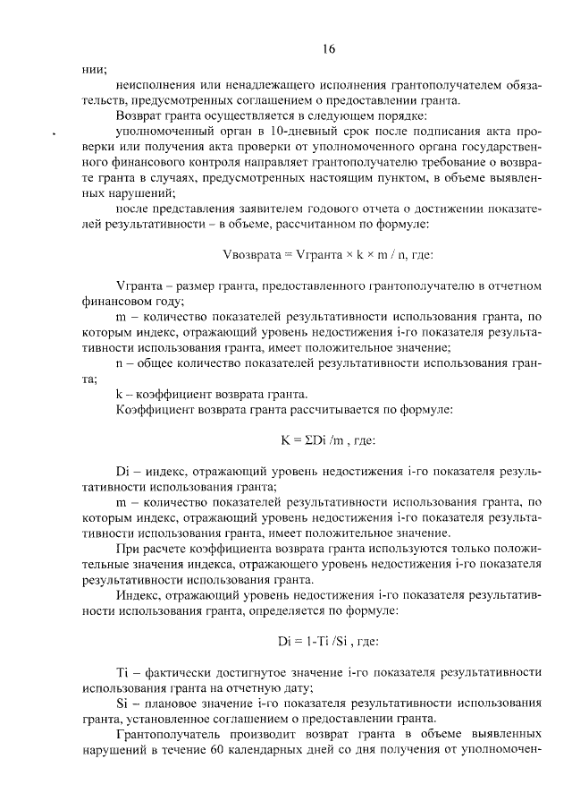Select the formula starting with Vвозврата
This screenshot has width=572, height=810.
click(327, 255)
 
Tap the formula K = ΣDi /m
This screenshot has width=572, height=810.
click(328, 440)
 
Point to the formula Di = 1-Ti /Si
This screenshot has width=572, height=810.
click(328, 641)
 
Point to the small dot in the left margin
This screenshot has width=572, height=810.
click(55, 134)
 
